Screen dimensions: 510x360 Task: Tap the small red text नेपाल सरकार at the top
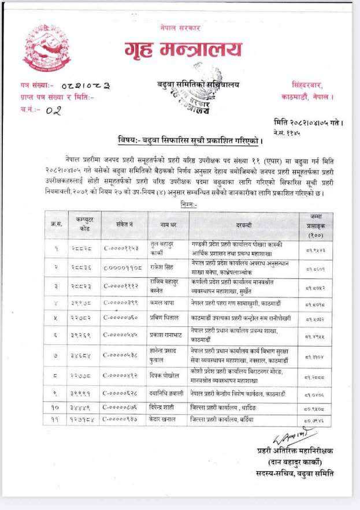pyautogui.click(x=180, y=27)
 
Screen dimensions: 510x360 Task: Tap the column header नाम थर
pyautogui.click(x=166, y=224)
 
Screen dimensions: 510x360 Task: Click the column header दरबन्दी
pyautogui.click(x=244, y=224)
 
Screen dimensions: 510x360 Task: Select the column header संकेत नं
pyautogui.click(x=124, y=224)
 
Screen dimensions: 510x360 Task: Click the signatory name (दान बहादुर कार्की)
pyautogui.click(x=296, y=462)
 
